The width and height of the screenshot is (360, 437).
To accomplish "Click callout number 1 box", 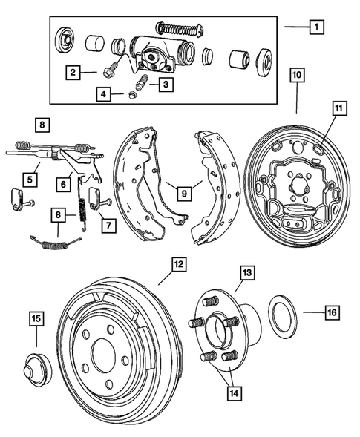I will (317, 27).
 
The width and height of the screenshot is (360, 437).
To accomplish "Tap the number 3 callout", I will (167, 85).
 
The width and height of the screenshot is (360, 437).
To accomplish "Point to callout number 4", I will (102, 93).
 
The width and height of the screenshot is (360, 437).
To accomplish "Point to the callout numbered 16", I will (332, 313).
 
